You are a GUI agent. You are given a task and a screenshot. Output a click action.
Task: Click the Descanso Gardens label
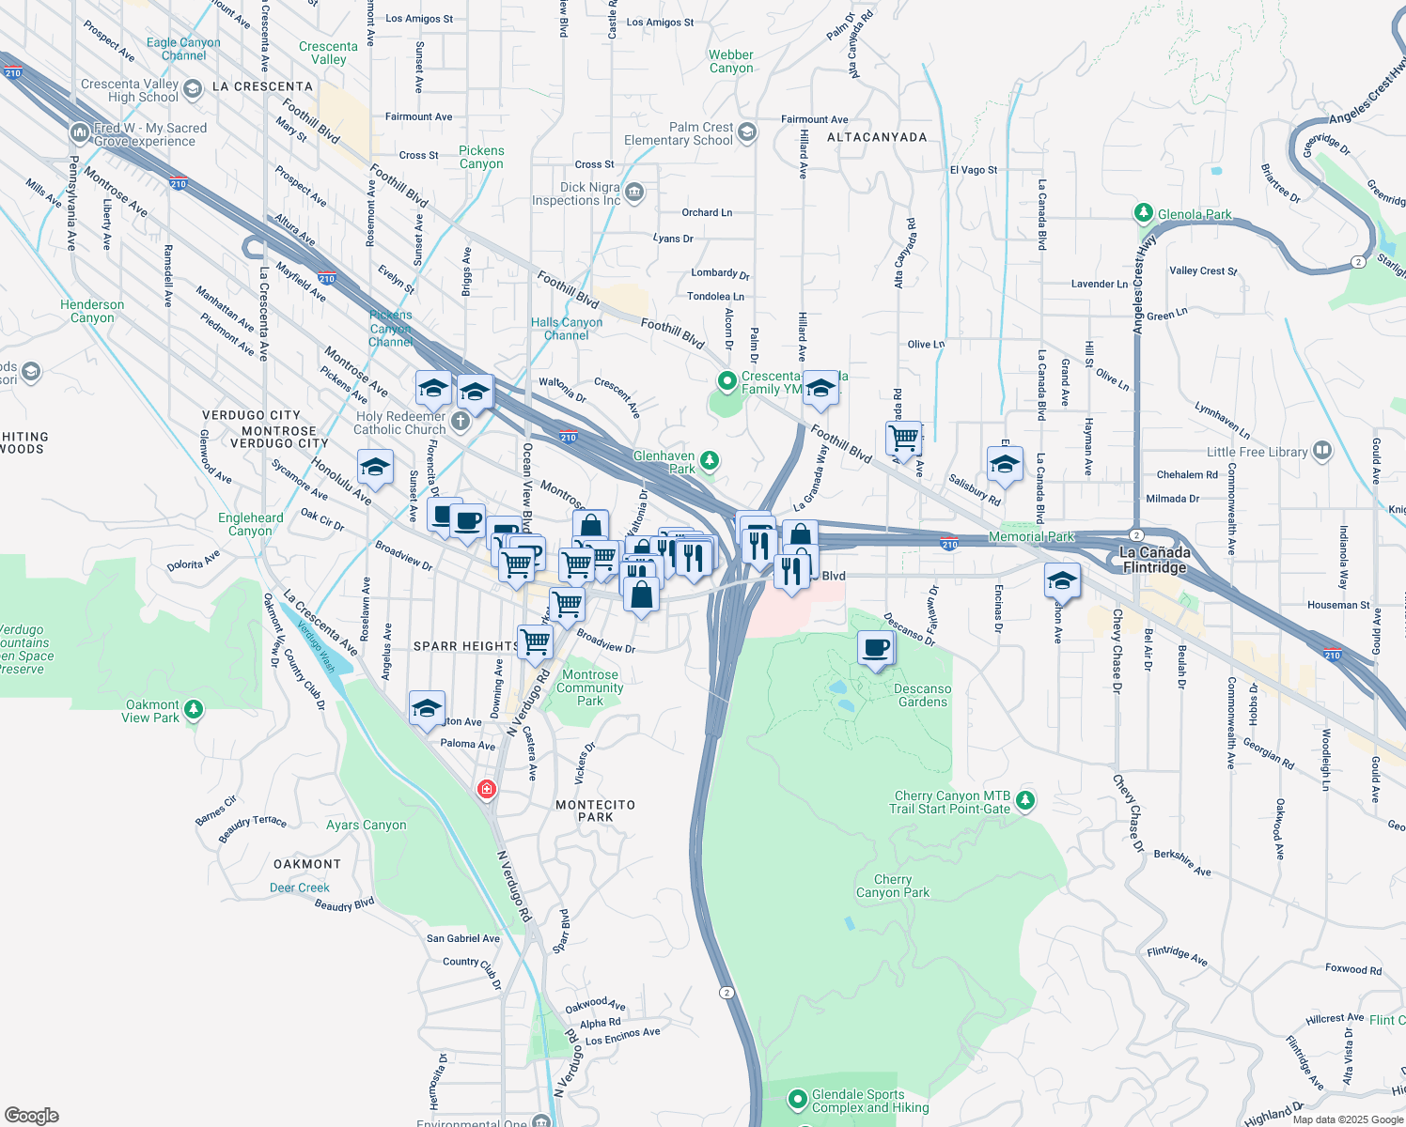[x=922, y=695]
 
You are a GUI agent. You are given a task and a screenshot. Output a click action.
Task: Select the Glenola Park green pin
[x=1144, y=213]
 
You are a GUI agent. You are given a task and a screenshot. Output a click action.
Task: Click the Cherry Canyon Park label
[x=892, y=886]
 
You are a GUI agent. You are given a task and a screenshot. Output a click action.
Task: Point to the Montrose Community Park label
[x=589, y=687]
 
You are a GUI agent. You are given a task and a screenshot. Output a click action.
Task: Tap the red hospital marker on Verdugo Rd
[x=486, y=789]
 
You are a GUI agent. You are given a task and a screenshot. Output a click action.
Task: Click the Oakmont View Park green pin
[x=194, y=709]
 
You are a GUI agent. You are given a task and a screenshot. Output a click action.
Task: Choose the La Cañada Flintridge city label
[x=1154, y=560]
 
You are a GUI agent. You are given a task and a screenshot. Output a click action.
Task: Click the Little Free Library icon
[x=1322, y=451]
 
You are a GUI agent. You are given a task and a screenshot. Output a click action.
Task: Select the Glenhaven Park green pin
[x=710, y=459]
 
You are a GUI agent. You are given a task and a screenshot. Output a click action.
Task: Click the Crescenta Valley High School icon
[x=193, y=89]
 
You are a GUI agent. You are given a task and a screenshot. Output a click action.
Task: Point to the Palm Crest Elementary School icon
[x=747, y=131]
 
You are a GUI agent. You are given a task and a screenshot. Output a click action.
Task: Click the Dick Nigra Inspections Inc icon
[x=634, y=193]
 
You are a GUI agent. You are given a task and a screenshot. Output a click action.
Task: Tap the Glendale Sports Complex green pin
[x=798, y=1098]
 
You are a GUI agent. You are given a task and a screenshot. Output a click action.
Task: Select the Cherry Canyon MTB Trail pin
[x=1025, y=800]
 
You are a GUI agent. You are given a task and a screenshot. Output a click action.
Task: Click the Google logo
[x=32, y=1115]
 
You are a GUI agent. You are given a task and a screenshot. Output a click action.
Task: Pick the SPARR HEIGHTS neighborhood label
[x=466, y=646]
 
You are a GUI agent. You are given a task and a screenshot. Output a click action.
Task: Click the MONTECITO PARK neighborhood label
[x=595, y=811]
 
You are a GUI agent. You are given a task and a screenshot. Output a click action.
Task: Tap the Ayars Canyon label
[x=366, y=826]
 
